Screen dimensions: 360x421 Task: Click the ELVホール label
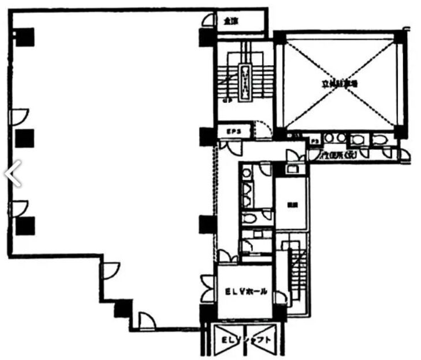coord(246,292)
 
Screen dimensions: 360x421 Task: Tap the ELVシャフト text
coord(246,340)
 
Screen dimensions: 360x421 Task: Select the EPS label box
coord(233,132)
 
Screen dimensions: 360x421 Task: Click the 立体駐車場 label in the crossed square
coord(340,83)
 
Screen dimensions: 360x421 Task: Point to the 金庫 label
coord(230,21)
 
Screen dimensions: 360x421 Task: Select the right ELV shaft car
coord(266,340)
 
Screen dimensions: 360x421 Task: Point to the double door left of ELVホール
coord(208,288)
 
